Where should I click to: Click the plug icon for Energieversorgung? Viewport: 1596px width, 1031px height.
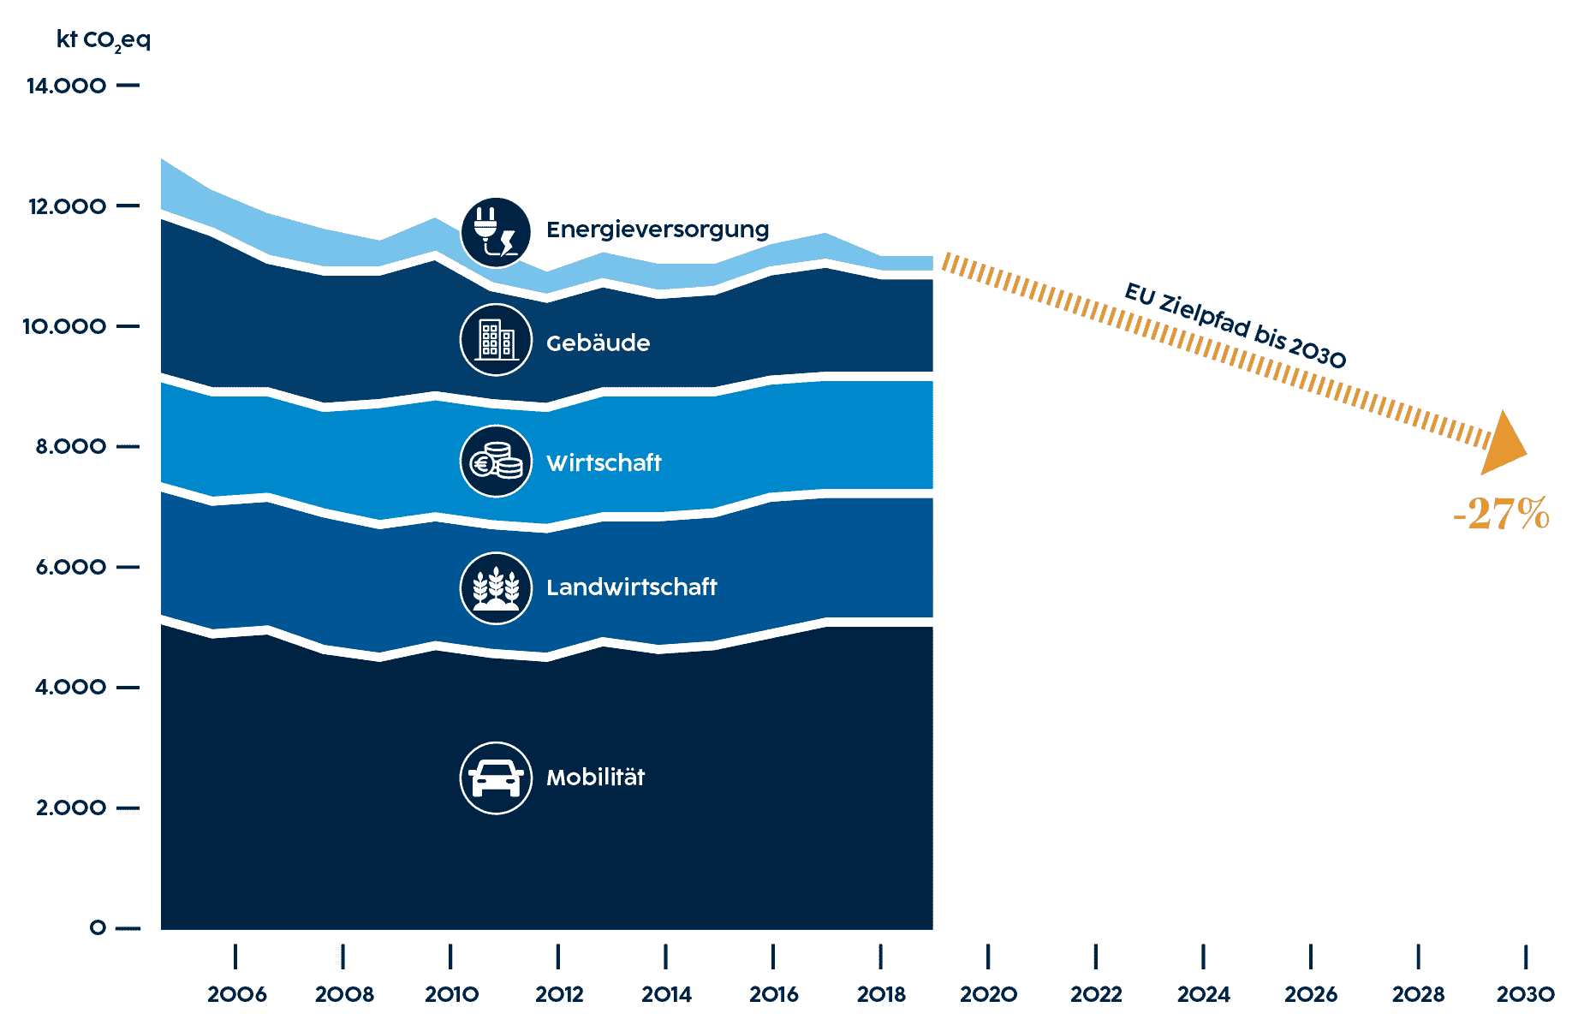click(496, 232)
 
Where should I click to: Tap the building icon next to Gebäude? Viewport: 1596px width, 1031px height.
click(496, 340)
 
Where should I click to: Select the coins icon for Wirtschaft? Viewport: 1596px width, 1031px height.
click(496, 462)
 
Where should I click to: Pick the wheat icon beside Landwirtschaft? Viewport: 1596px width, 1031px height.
click(496, 587)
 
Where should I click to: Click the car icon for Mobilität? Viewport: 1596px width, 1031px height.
click(496, 778)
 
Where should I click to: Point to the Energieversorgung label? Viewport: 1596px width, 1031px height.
click(658, 229)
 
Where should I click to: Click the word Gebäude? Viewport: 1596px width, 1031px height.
click(598, 343)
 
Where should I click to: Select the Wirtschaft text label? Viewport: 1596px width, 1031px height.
click(604, 463)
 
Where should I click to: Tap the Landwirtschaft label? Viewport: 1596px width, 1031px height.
click(631, 587)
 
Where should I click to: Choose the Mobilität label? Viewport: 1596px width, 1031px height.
click(595, 778)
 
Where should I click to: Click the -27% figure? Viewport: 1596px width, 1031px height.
click(1501, 514)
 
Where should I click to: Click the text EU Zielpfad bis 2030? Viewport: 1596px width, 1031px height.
click(1235, 325)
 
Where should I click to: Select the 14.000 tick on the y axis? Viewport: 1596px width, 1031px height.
click(67, 86)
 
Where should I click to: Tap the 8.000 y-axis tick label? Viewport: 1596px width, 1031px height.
click(71, 447)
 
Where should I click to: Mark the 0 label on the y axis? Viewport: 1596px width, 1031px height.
click(98, 928)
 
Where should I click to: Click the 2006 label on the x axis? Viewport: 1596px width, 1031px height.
click(236, 994)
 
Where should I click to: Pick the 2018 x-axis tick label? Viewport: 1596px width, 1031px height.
click(881, 994)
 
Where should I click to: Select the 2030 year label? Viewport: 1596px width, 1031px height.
click(1525, 994)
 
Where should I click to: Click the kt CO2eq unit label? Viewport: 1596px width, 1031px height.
click(103, 40)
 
